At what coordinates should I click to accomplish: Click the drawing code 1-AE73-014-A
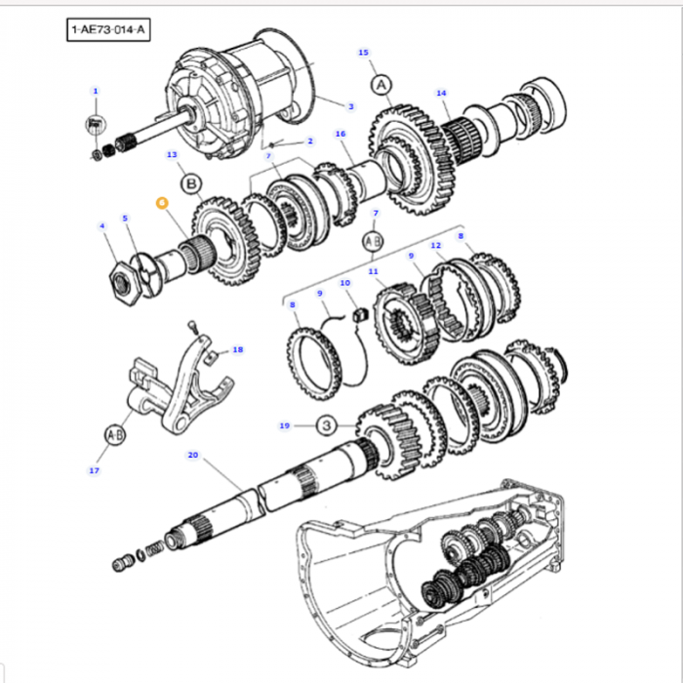(x=107, y=31)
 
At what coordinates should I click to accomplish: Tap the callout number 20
(x=192, y=455)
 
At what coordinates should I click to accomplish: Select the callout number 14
(x=441, y=94)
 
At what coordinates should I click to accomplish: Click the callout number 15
(x=363, y=52)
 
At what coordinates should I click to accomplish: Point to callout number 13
(x=172, y=154)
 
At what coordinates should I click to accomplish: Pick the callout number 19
(x=284, y=425)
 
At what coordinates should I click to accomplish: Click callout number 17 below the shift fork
(x=95, y=471)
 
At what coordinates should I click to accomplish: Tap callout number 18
(x=237, y=349)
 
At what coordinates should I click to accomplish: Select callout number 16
(x=341, y=134)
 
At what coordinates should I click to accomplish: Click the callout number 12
(x=436, y=245)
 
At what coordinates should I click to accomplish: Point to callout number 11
(x=373, y=271)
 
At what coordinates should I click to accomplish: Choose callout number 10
(x=344, y=283)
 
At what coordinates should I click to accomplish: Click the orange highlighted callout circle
(x=162, y=202)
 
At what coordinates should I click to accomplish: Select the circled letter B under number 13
(x=191, y=182)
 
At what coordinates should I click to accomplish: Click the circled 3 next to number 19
(x=326, y=425)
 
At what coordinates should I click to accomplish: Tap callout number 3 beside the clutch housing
(x=350, y=105)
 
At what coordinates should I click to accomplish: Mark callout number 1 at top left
(x=95, y=91)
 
